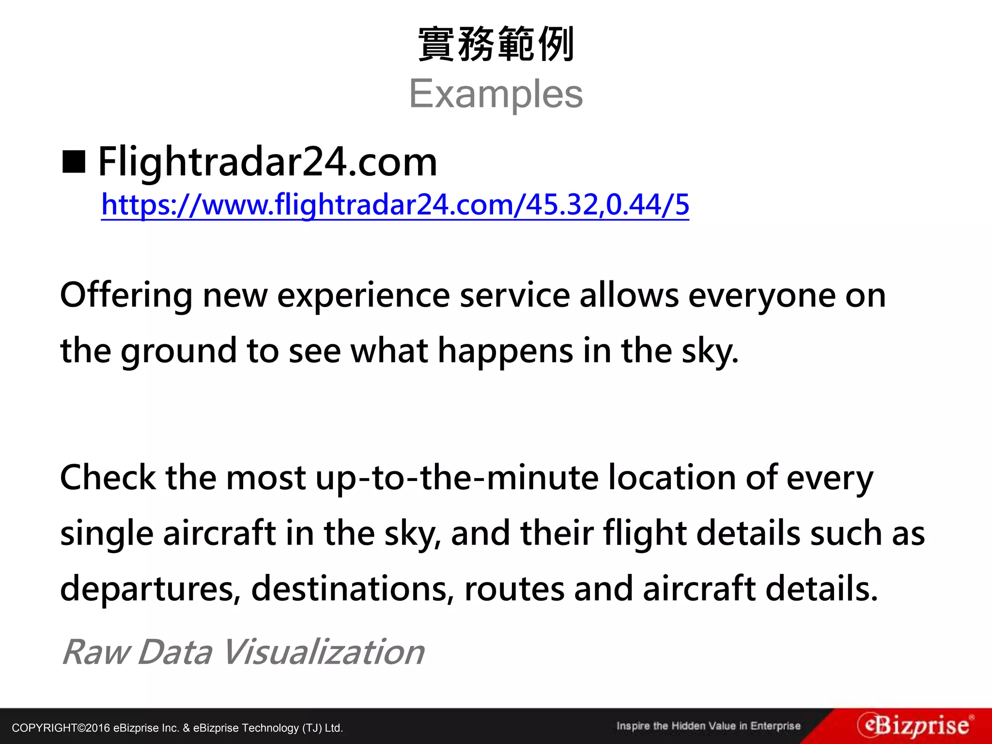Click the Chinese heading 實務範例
tap(496, 45)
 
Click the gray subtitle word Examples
tap(496, 94)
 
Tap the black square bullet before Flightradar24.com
tap(74, 162)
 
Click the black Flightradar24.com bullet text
tap(267, 162)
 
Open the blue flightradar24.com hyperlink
tap(395, 205)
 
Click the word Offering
tap(126, 295)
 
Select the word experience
tap(363, 295)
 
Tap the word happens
tap(505, 351)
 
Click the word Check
tap(108, 478)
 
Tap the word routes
tap(514, 589)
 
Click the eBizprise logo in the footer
tap(914, 726)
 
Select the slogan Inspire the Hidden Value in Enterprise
tap(708, 726)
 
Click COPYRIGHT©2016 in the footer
tap(61, 728)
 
